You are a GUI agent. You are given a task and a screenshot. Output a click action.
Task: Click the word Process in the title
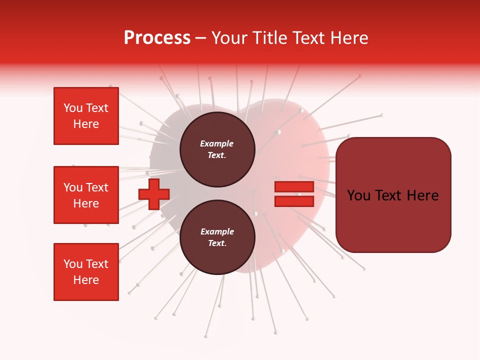157,38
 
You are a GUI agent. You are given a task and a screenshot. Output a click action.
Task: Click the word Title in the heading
269,38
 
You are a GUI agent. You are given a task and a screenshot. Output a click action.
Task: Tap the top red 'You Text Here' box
86,116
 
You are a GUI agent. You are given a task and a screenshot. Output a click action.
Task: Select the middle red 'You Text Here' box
86,195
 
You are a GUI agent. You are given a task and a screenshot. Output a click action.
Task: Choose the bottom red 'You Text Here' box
86,272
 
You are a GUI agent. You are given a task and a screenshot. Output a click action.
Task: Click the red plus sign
154,194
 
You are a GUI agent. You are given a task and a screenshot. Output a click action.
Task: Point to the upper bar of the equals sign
294,187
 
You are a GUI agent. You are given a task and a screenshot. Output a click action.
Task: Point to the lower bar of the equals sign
294,201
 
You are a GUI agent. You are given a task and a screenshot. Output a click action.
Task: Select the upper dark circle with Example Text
217,149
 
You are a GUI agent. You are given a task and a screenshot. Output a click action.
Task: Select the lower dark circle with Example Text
217,237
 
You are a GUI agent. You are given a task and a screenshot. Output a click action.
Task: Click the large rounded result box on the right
393,195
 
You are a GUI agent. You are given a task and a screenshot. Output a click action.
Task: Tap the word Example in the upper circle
217,143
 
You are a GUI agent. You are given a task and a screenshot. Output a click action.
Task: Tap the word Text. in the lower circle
217,243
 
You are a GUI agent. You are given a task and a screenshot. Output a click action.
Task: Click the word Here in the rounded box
422,195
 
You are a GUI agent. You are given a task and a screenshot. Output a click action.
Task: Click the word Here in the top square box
86,124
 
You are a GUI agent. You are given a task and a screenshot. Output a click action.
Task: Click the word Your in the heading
229,38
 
